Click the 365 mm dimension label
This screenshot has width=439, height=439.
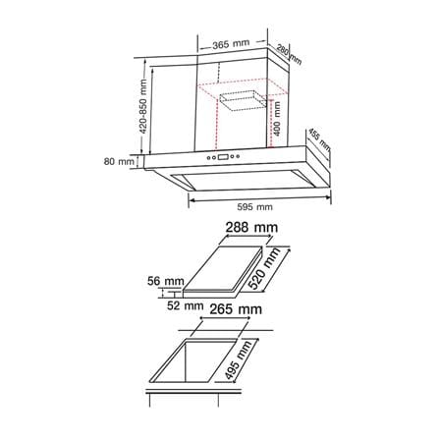click(231, 44)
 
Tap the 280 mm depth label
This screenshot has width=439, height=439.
click(289, 54)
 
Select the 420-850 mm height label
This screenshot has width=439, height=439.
click(143, 106)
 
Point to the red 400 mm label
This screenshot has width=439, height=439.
click(277, 118)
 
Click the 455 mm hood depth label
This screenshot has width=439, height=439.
click(319, 140)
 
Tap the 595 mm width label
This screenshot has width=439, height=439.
click(254, 207)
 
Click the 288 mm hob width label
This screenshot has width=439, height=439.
click(251, 227)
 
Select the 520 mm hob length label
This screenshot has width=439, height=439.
click(264, 269)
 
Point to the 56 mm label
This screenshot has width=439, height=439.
click(166, 281)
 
